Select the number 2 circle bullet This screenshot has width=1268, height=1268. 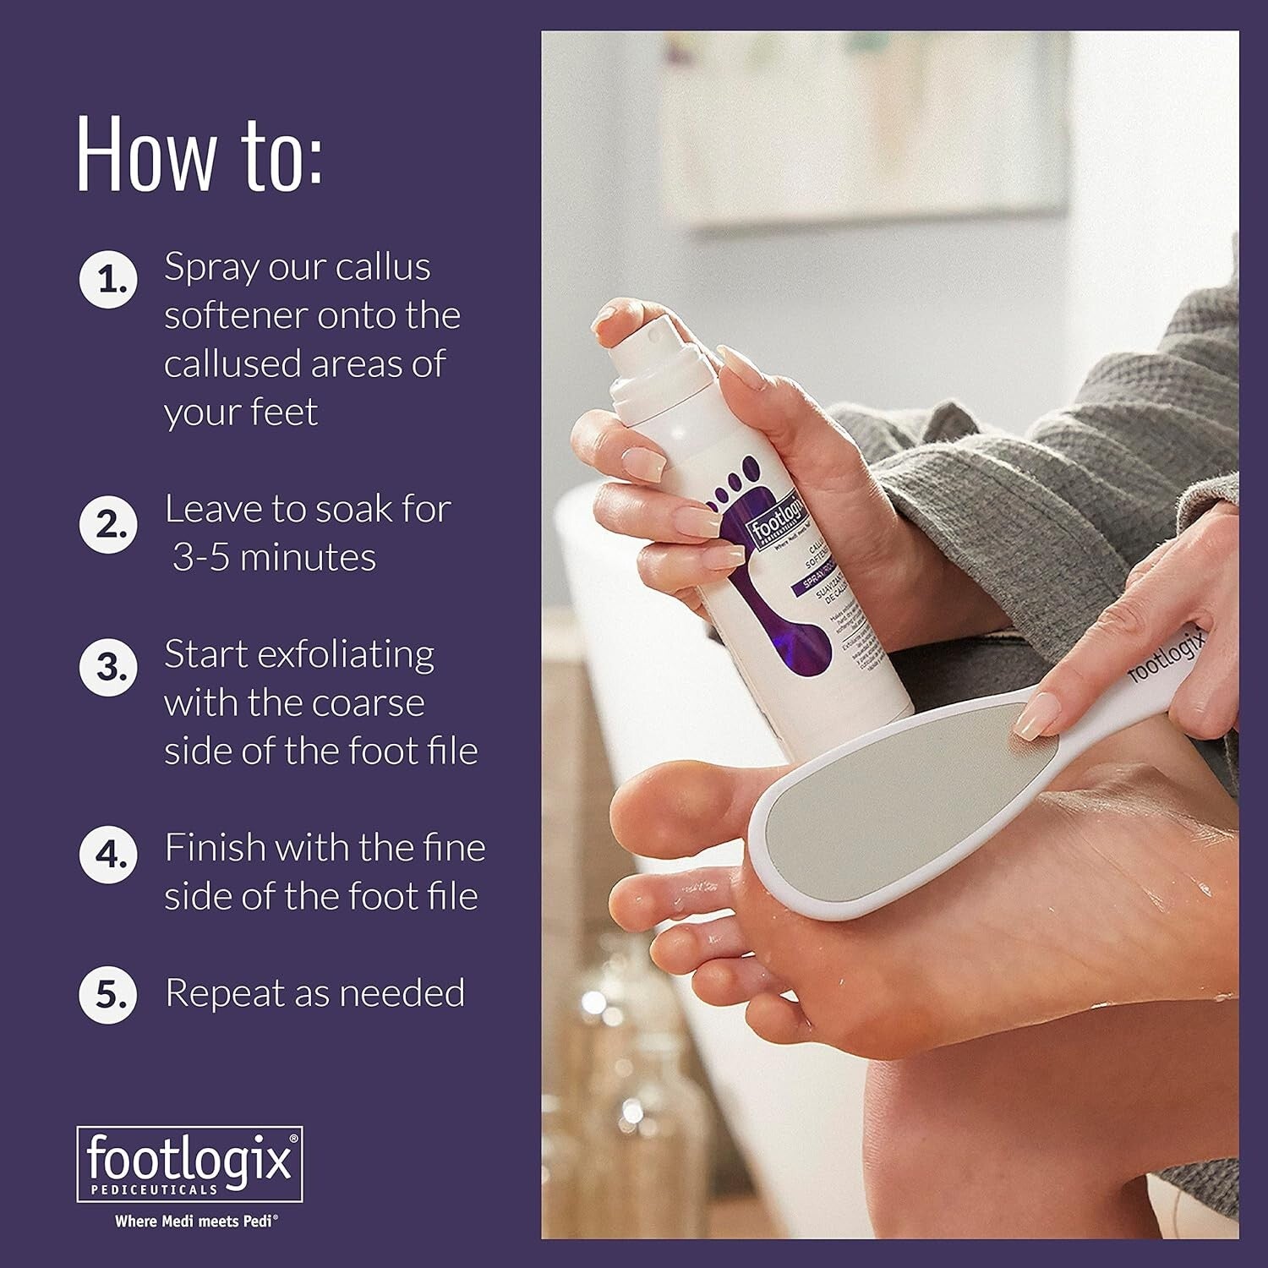[107, 524]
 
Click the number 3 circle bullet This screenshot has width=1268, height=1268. [107, 667]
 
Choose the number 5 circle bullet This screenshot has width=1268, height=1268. [107, 994]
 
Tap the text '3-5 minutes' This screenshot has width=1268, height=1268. [274, 558]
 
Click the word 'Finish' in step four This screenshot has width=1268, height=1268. [215, 848]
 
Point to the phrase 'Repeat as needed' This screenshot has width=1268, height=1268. [314, 993]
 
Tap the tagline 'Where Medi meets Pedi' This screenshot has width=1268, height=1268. [197, 1221]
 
